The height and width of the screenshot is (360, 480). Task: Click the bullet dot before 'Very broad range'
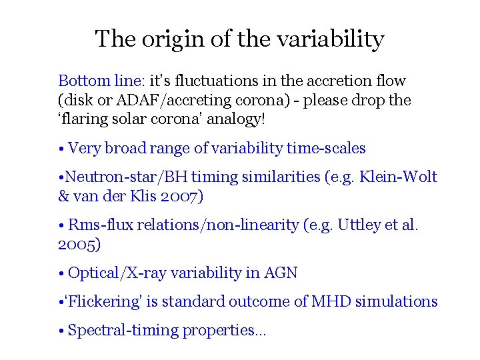(61, 149)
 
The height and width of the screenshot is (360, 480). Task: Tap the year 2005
(79, 244)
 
